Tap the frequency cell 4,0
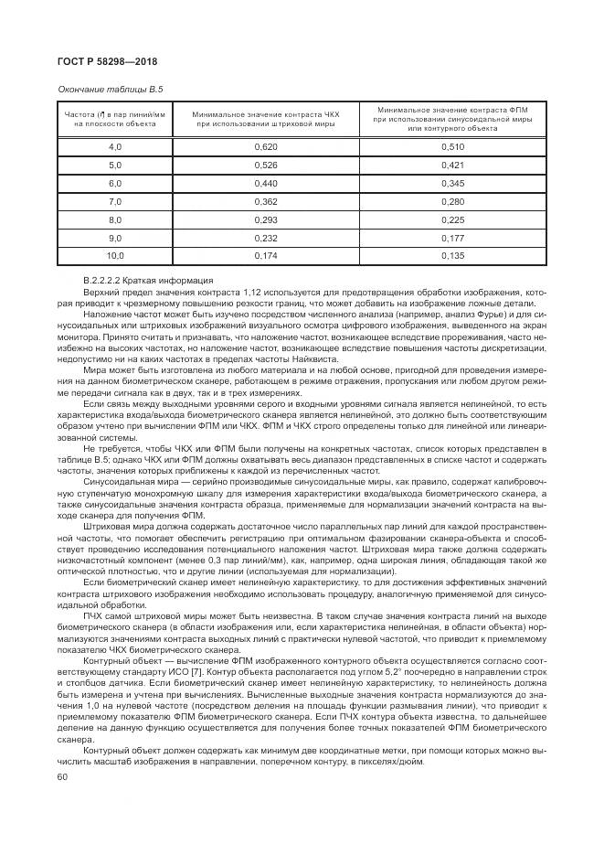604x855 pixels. (115, 147)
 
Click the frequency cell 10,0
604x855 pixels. (115, 257)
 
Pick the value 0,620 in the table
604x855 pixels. (266, 147)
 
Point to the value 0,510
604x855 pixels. (452, 147)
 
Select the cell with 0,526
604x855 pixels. (266, 166)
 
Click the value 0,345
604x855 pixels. (452, 184)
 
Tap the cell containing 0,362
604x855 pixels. (266, 202)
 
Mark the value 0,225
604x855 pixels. (452, 220)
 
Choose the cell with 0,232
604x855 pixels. (266, 239)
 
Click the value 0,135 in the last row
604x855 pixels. (452, 257)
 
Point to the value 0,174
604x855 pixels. (266, 257)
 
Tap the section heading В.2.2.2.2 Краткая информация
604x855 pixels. (148, 280)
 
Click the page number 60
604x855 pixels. (63, 777)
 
